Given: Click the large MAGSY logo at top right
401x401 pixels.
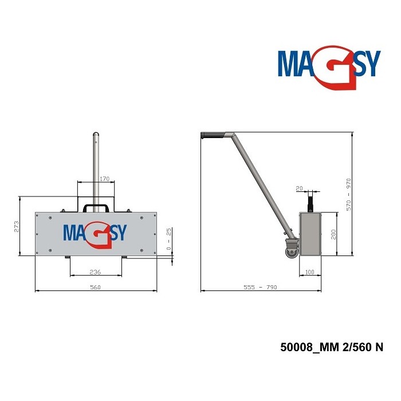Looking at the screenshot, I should (329, 65).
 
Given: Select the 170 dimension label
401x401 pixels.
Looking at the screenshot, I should (104, 179).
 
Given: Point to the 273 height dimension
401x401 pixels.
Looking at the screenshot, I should (16, 226).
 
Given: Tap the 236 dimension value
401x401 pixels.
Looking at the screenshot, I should (95, 272).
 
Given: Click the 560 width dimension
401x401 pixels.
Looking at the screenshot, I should (95, 288).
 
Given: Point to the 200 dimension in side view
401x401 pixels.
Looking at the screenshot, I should (332, 234).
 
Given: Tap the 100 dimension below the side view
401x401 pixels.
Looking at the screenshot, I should (310, 272).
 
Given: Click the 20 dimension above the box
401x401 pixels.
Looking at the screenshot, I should (299, 188).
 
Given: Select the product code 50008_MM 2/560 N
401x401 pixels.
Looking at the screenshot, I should (331, 347).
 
